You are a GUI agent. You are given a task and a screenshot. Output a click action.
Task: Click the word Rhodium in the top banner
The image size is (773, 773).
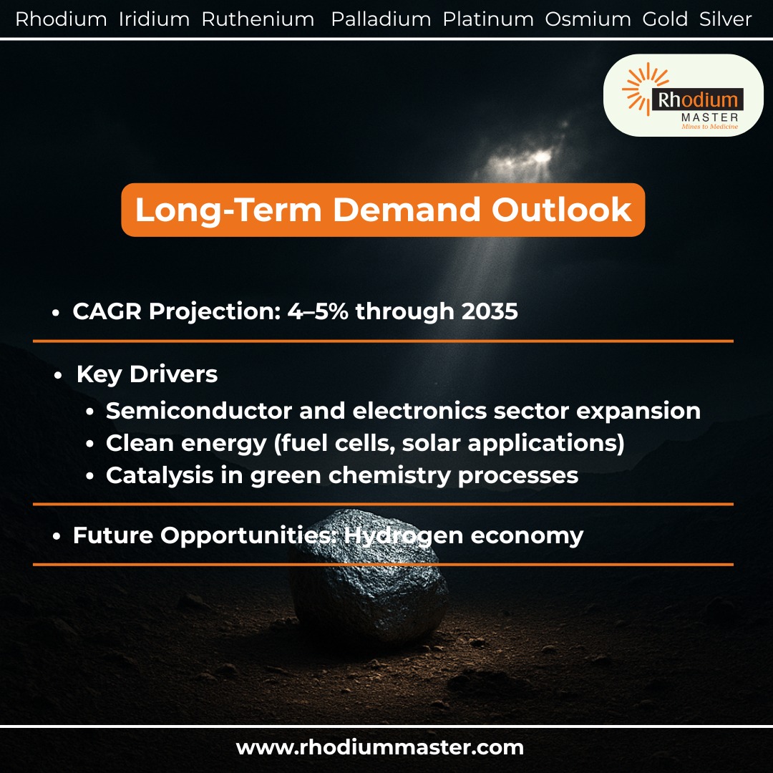click(x=61, y=19)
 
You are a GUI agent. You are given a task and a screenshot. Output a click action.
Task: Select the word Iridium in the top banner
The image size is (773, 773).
click(x=154, y=19)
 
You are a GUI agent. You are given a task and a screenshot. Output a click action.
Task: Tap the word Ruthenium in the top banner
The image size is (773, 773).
click(x=258, y=19)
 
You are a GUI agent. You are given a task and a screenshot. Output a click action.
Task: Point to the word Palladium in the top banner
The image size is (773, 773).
click(x=381, y=19)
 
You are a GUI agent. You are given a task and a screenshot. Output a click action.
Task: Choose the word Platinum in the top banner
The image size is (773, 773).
click(x=488, y=19)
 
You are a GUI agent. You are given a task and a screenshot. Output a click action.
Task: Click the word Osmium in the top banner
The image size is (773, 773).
click(x=588, y=19)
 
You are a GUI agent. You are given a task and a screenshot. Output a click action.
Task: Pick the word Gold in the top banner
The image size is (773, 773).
click(x=665, y=19)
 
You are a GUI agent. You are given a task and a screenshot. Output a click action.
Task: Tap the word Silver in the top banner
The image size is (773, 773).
click(x=725, y=19)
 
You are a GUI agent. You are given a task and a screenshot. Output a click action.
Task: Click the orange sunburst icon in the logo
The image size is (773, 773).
click(x=639, y=89)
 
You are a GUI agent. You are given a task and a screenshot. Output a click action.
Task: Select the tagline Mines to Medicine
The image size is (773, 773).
click(x=704, y=126)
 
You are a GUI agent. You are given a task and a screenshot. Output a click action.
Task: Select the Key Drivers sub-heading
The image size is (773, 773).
click(x=147, y=374)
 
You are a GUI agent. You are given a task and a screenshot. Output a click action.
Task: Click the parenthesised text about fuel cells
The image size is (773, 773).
click(x=449, y=443)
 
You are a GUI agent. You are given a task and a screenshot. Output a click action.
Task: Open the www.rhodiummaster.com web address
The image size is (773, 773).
click(x=380, y=748)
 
